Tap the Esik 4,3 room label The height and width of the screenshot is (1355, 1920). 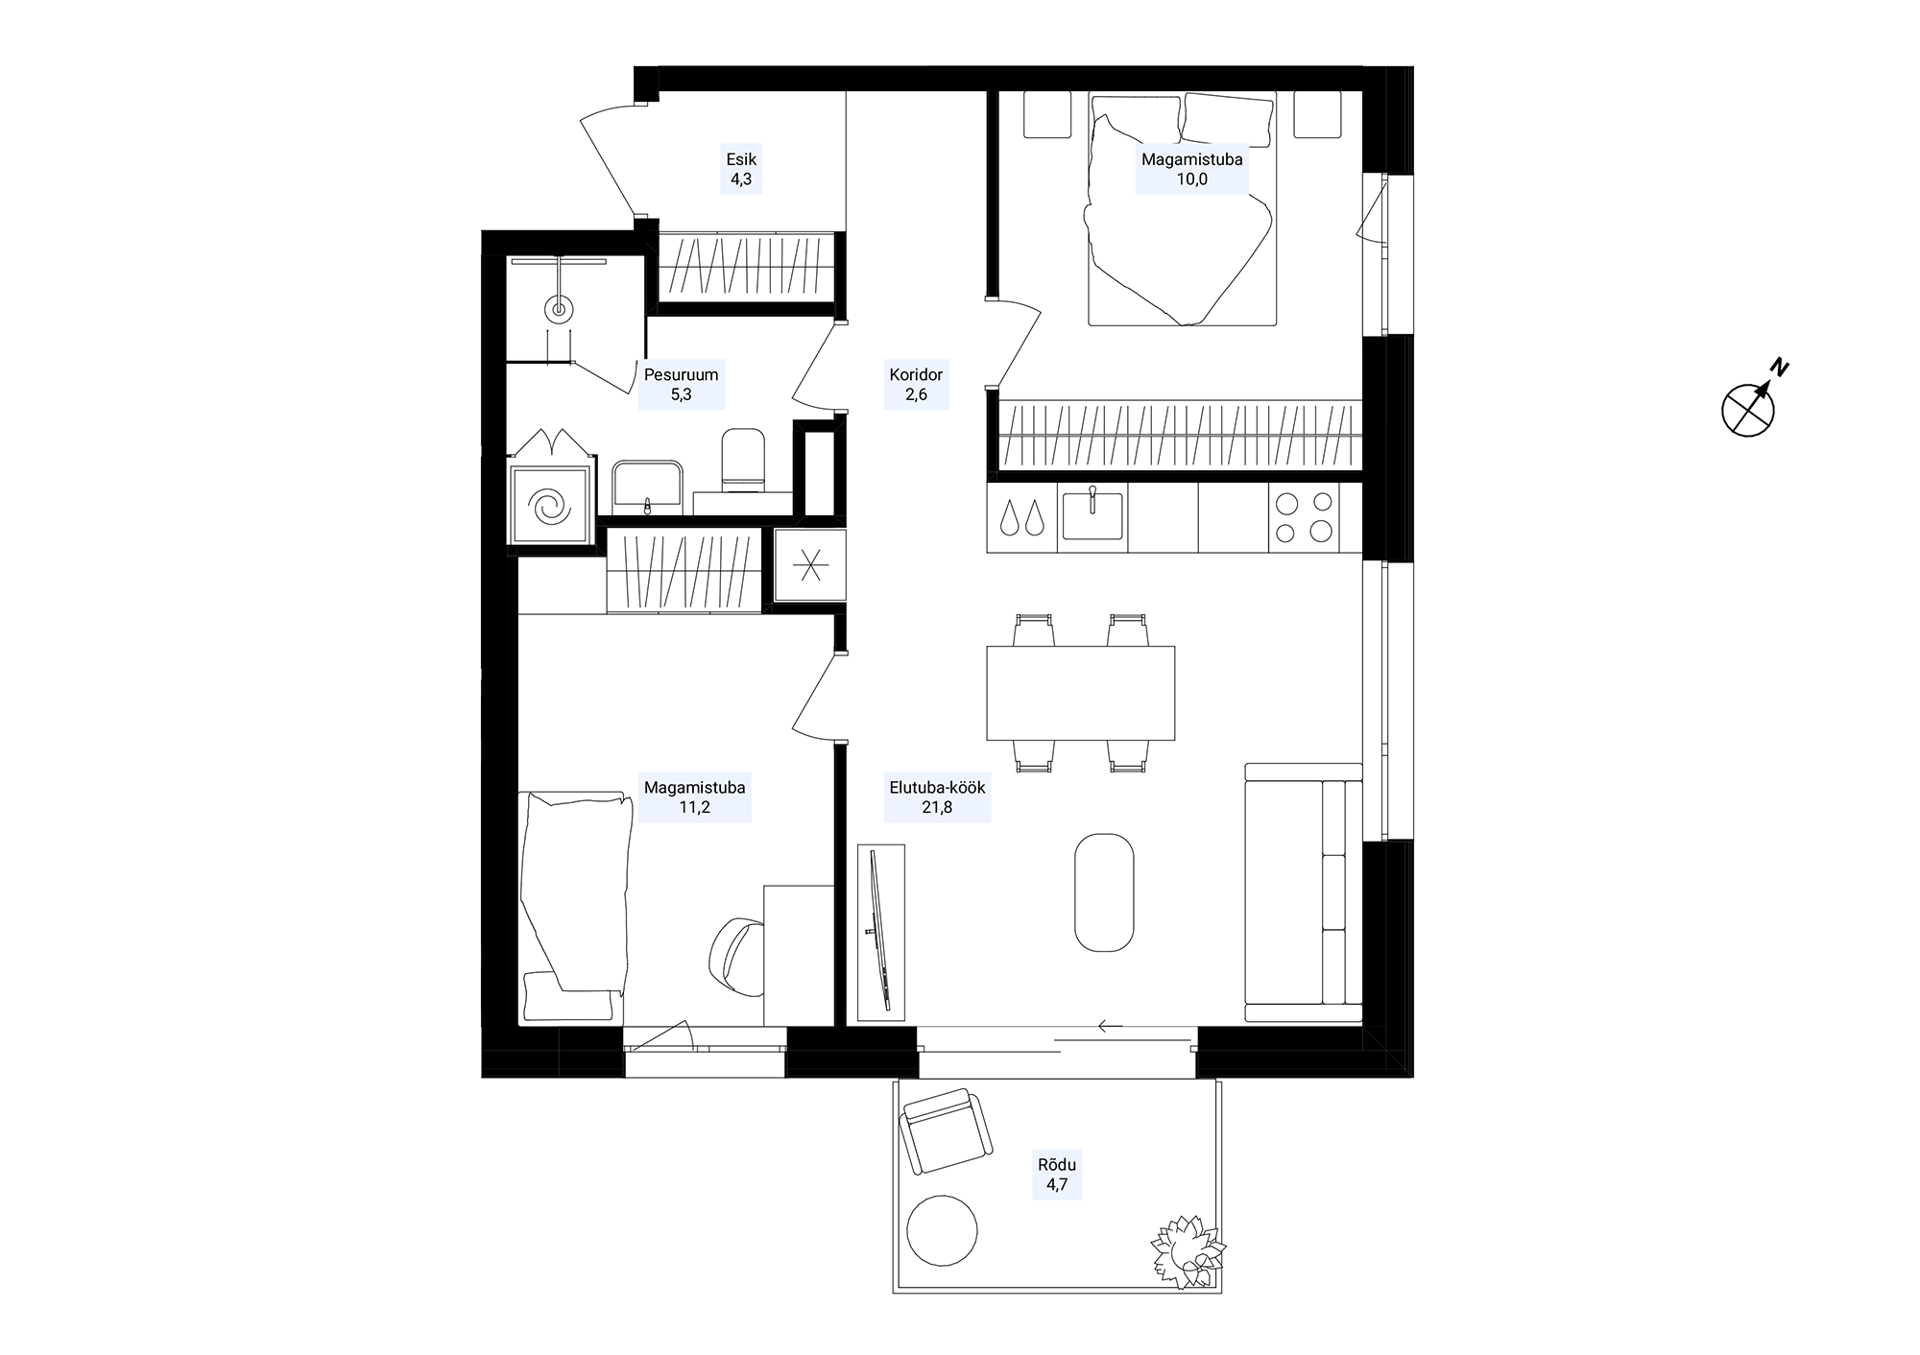pos(741,169)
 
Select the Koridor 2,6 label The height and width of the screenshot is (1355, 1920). pos(916,384)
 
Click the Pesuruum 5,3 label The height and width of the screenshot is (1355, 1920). pos(682,384)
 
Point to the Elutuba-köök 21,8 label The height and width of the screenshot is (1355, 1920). pos(937,797)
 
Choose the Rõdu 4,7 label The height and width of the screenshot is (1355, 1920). pos(1057,1175)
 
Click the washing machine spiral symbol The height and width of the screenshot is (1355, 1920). pos(551,507)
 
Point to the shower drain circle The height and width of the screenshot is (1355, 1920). pos(558,309)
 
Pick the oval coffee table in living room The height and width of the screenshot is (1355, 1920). pos(1104,892)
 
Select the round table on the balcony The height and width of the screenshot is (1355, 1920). pos(943,1230)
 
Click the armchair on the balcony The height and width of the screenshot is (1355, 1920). pos(946,1131)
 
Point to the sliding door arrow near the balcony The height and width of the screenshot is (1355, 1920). pos(1111,1026)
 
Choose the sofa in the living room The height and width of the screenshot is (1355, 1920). pos(1304,892)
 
